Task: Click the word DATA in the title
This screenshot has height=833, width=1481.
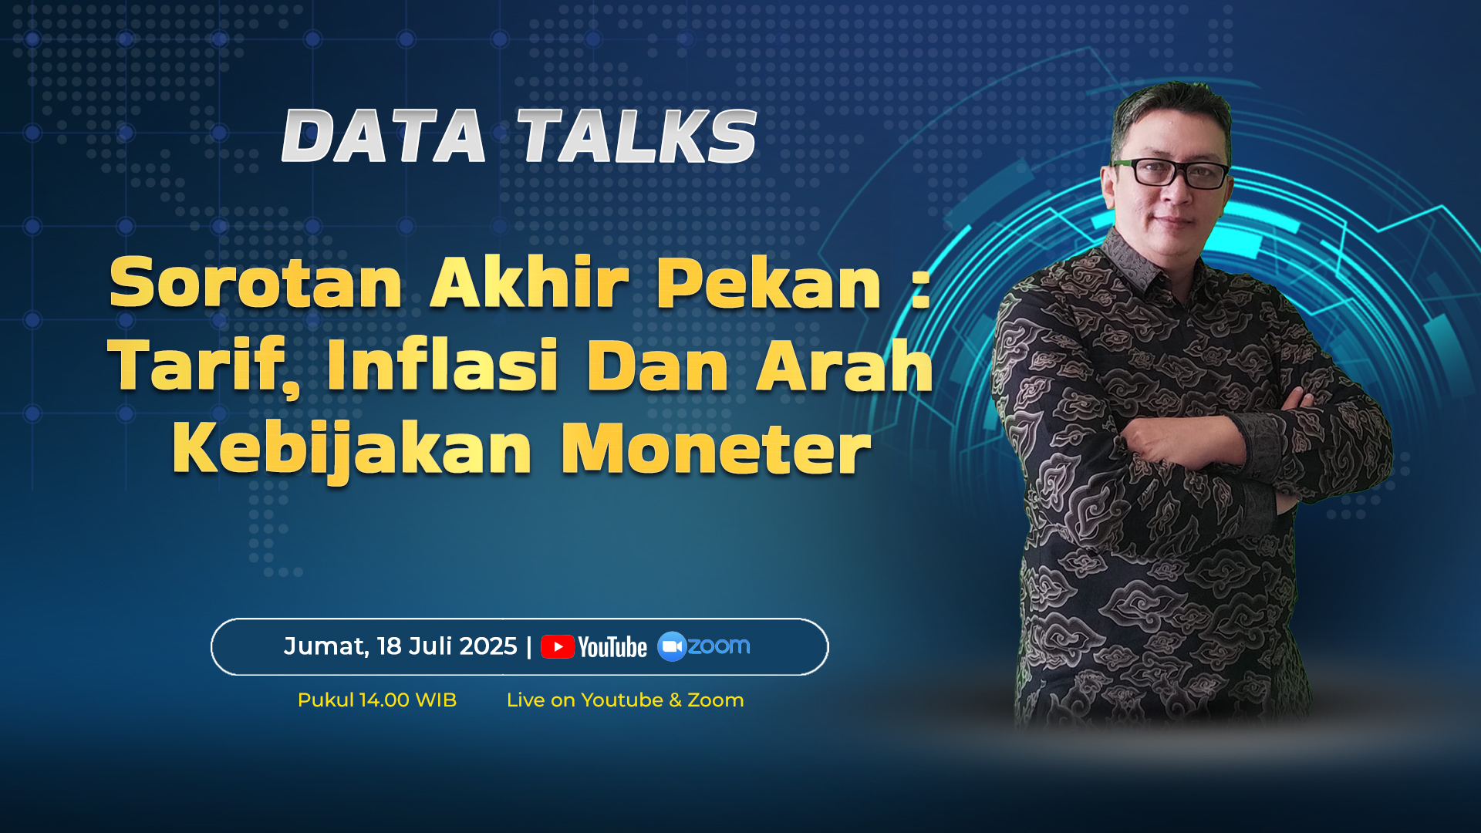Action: click(x=384, y=137)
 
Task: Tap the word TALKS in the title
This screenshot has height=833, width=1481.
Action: click(x=637, y=137)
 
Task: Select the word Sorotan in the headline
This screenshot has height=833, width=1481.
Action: click(x=256, y=283)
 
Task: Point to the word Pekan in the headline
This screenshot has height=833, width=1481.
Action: click(x=769, y=282)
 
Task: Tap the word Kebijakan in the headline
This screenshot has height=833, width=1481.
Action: click(x=352, y=450)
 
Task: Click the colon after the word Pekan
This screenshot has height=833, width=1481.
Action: click(x=920, y=289)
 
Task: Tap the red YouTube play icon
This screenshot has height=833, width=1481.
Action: click(x=558, y=647)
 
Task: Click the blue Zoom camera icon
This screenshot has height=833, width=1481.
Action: click(x=672, y=646)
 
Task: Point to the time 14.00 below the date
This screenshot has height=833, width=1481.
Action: click(x=384, y=700)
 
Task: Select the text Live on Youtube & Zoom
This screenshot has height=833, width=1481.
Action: click(x=625, y=700)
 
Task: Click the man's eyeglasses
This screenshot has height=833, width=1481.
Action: click(x=1171, y=173)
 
